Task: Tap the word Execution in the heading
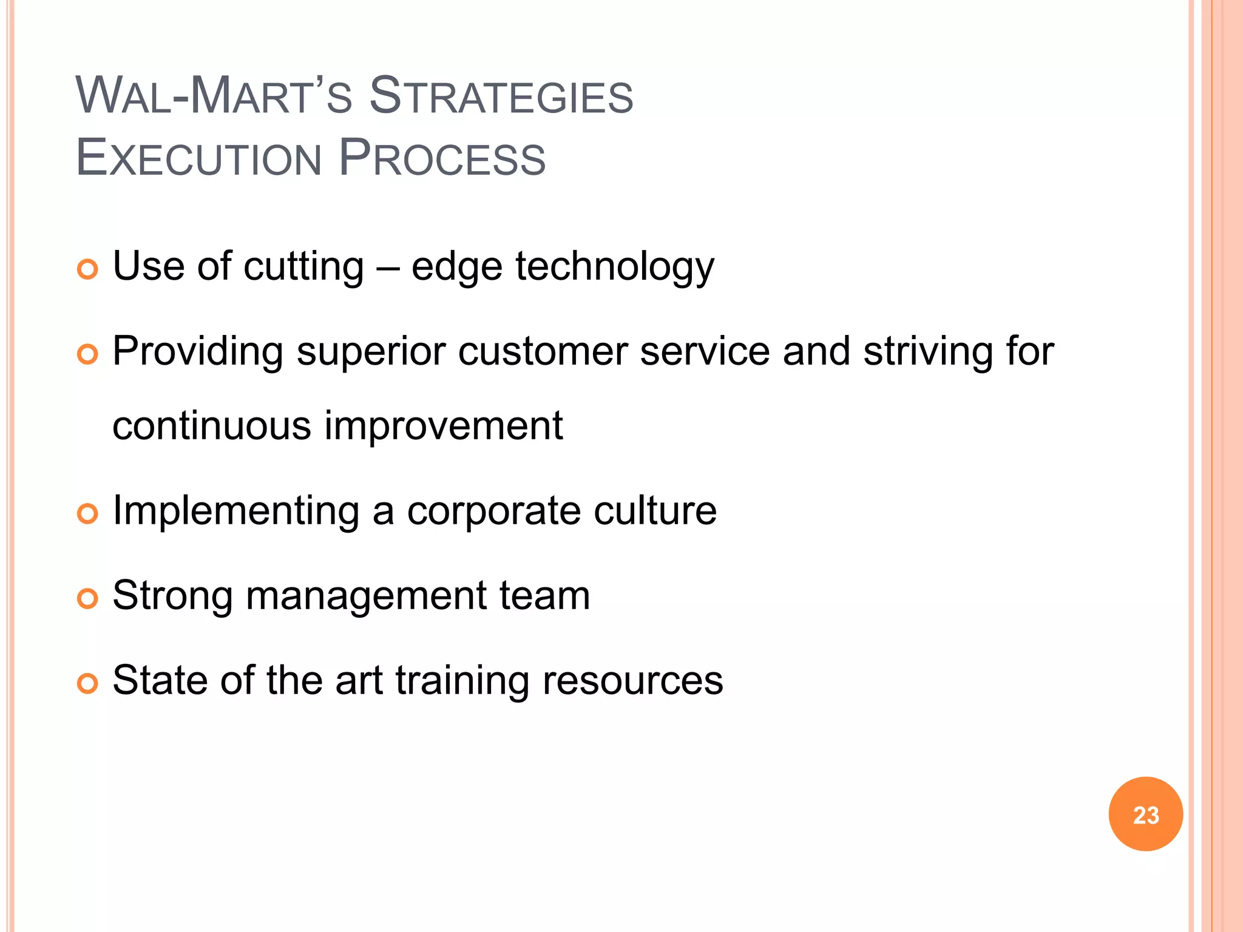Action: (198, 158)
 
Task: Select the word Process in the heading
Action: (442, 158)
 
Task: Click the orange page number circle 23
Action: (1145, 814)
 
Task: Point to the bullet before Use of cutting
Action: (88, 269)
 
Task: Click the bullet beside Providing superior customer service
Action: (88, 354)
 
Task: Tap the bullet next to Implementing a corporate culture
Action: (88, 514)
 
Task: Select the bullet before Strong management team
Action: (88, 599)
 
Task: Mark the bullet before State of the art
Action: (88, 684)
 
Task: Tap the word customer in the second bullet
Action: (542, 352)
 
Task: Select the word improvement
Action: (444, 426)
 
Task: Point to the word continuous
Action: (212, 426)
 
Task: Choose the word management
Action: (366, 596)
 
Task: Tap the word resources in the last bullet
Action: (632, 681)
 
